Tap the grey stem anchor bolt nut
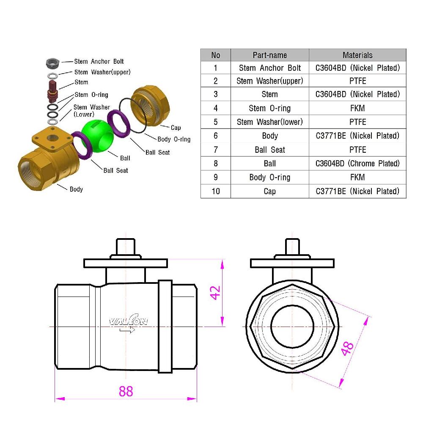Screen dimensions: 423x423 click(52, 63)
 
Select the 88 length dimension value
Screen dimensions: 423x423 click(126, 391)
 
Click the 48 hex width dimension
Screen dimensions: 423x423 click(348, 348)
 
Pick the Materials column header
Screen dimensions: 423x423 click(357, 55)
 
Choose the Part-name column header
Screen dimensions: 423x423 click(269, 55)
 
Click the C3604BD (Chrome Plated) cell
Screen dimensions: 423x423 click(357, 163)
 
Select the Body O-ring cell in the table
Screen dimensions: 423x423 click(269, 177)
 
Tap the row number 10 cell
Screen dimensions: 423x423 click(216, 191)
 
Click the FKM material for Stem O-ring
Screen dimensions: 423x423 click(357, 108)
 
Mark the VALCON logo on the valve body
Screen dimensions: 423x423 click(129, 321)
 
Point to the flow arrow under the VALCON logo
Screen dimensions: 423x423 click(127, 330)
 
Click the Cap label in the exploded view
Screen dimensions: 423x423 click(176, 128)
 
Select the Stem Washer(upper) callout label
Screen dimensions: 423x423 click(102, 72)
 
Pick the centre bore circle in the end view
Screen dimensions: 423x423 click(292, 326)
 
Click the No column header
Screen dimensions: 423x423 click(216, 55)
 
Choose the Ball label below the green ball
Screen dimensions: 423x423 click(125, 158)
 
